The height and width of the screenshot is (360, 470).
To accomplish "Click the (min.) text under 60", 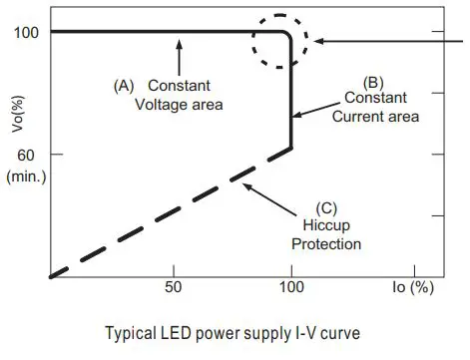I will (x=24, y=176).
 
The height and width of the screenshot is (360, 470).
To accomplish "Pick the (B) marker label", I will (x=371, y=83).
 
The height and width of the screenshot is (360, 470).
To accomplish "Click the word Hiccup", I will (x=327, y=225).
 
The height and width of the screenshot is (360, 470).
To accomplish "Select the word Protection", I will (x=327, y=243).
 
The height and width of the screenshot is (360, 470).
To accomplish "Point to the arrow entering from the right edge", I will (x=389, y=41).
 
